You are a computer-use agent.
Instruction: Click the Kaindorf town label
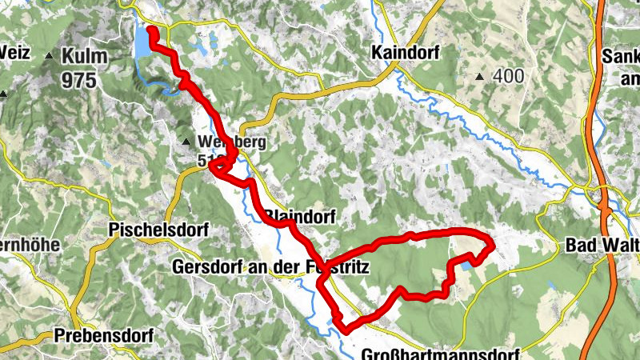pyautogui.click(x=404, y=53)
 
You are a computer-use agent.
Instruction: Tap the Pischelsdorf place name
pyautogui.click(x=158, y=230)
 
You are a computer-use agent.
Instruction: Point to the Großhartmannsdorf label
pyautogui.click(x=440, y=354)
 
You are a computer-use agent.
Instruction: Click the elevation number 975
pyautogui.click(x=80, y=79)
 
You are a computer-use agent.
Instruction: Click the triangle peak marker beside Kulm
pyautogui.click(x=50, y=57)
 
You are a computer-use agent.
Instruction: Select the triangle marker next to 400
pyautogui.click(x=480, y=78)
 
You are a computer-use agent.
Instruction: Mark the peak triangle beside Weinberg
pyautogui.click(x=186, y=142)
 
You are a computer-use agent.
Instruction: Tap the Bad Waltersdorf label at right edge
pyautogui.click(x=602, y=243)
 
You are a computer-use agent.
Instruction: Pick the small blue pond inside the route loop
pyautogui.click(x=466, y=264)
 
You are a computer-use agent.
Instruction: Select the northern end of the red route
pyautogui.click(x=151, y=30)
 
